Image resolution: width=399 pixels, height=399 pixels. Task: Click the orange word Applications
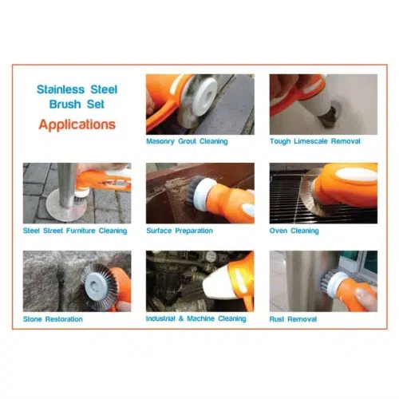(77, 124)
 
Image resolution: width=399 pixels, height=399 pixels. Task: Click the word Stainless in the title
(61, 89)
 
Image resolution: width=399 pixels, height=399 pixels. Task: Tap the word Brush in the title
(65, 104)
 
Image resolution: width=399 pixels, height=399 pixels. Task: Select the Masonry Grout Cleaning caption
(187, 141)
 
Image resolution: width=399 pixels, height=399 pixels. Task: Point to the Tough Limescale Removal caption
(315, 141)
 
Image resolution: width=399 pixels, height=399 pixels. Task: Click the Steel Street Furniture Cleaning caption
(75, 231)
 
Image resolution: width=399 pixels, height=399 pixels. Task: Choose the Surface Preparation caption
(180, 231)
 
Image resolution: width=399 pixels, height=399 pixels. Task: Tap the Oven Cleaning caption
(294, 231)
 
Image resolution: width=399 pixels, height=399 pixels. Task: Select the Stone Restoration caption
(53, 319)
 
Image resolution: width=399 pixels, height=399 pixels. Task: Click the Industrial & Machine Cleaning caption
(196, 318)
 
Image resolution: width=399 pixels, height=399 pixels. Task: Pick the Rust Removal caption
(293, 319)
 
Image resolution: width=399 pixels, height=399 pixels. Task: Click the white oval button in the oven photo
(356, 175)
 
